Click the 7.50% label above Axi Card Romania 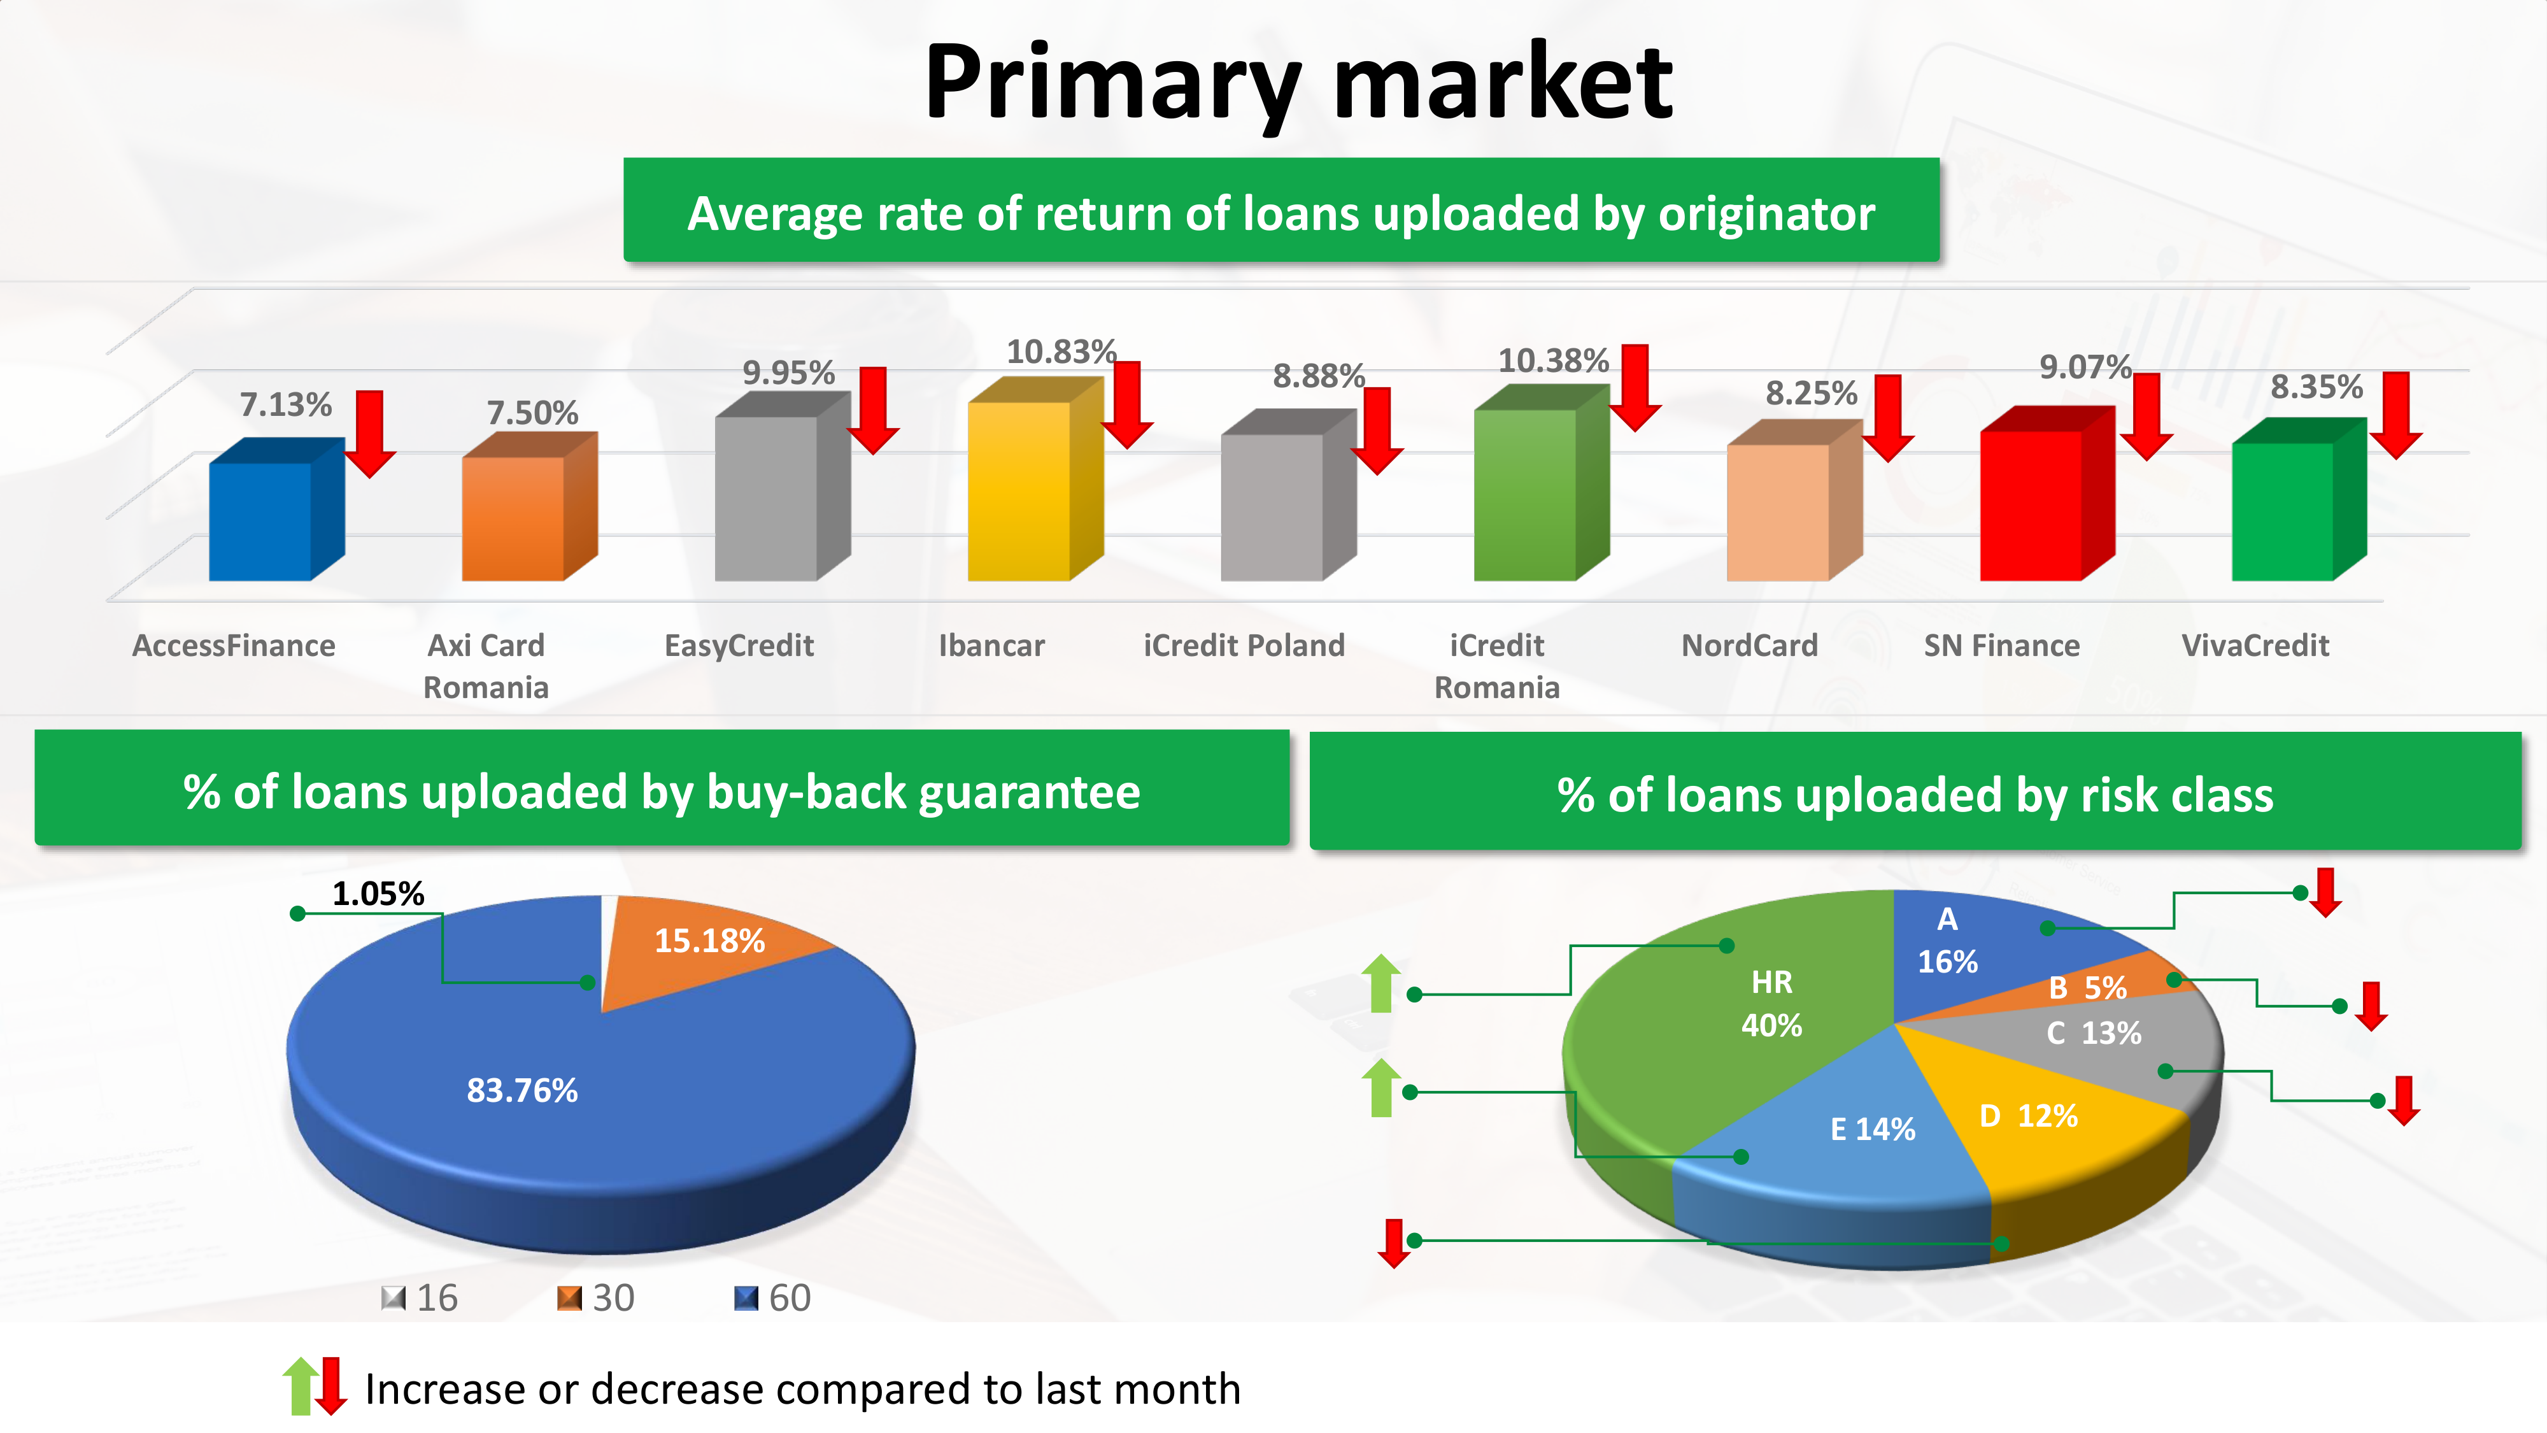(x=532, y=413)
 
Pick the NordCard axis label (x=1749, y=646)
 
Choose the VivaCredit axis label (x=2255, y=646)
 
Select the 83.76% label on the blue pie (x=522, y=1091)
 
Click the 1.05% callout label (x=378, y=894)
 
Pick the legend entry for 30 (x=595, y=1297)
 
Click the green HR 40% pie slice (x=1740, y=1018)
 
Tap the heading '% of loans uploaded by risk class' (x=1915, y=794)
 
